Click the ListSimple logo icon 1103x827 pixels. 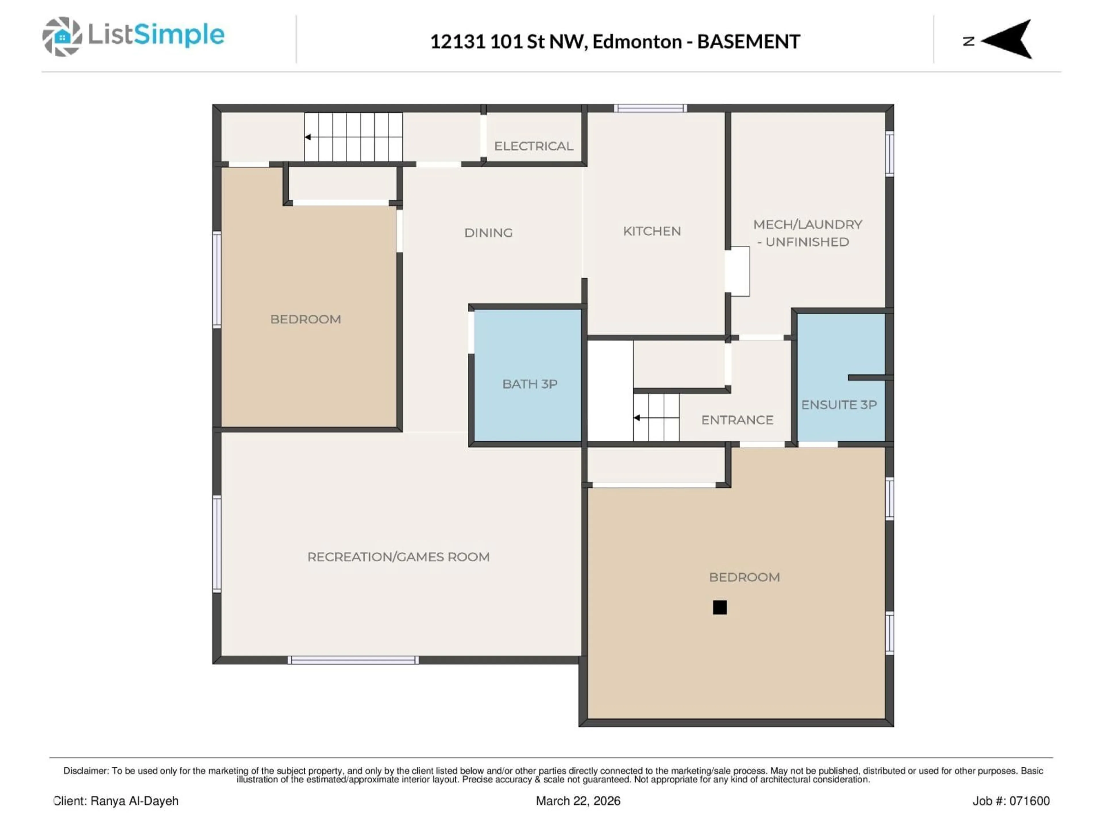click(62, 36)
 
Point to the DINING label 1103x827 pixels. click(488, 233)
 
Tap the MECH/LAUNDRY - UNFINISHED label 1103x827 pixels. click(807, 233)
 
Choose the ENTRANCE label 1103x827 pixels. click(737, 420)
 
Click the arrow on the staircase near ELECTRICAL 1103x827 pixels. click(308, 137)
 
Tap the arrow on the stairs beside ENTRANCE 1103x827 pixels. click(637, 418)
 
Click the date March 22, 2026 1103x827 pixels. click(578, 801)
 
